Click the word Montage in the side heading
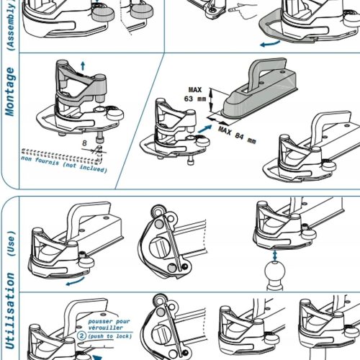pyautogui.click(x=10, y=91)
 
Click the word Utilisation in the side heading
pyautogui.click(x=10, y=310)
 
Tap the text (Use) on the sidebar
pyautogui.click(x=11, y=243)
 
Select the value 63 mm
pyautogui.click(x=195, y=99)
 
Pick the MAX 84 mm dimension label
pyautogui.click(x=237, y=135)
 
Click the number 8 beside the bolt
pyautogui.click(x=84, y=143)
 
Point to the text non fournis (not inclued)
pyautogui.click(x=64, y=164)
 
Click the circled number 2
pyautogui.click(x=81, y=336)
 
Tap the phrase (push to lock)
pyautogui.click(x=110, y=336)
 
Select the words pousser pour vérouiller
pyautogui.click(x=109, y=324)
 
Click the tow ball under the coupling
pyautogui.click(x=275, y=276)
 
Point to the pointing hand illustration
pyautogui.click(x=243, y=11)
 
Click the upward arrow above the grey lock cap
pyautogui.click(x=83, y=66)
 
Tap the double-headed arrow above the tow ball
pyautogui.click(x=275, y=256)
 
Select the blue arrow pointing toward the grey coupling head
pyautogui.click(x=204, y=129)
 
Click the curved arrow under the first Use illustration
pyautogui.click(x=75, y=282)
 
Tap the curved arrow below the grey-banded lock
pyautogui.click(x=270, y=44)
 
